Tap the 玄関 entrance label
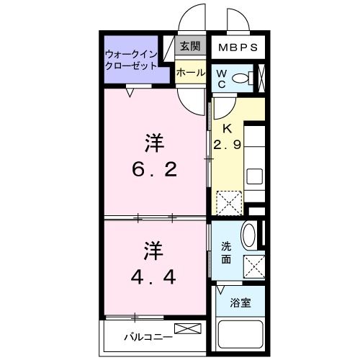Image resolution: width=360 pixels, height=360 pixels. tap(191, 48)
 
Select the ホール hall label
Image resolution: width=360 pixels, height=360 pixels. tap(191, 72)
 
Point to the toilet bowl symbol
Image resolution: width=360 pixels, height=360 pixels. tap(244, 78)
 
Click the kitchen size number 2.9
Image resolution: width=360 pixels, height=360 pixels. tap(228, 145)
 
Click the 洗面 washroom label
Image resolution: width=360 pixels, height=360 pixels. tap(225, 253)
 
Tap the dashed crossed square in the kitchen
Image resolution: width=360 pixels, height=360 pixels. tap(230, 202)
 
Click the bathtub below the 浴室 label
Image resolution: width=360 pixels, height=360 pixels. tap(240, 336)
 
